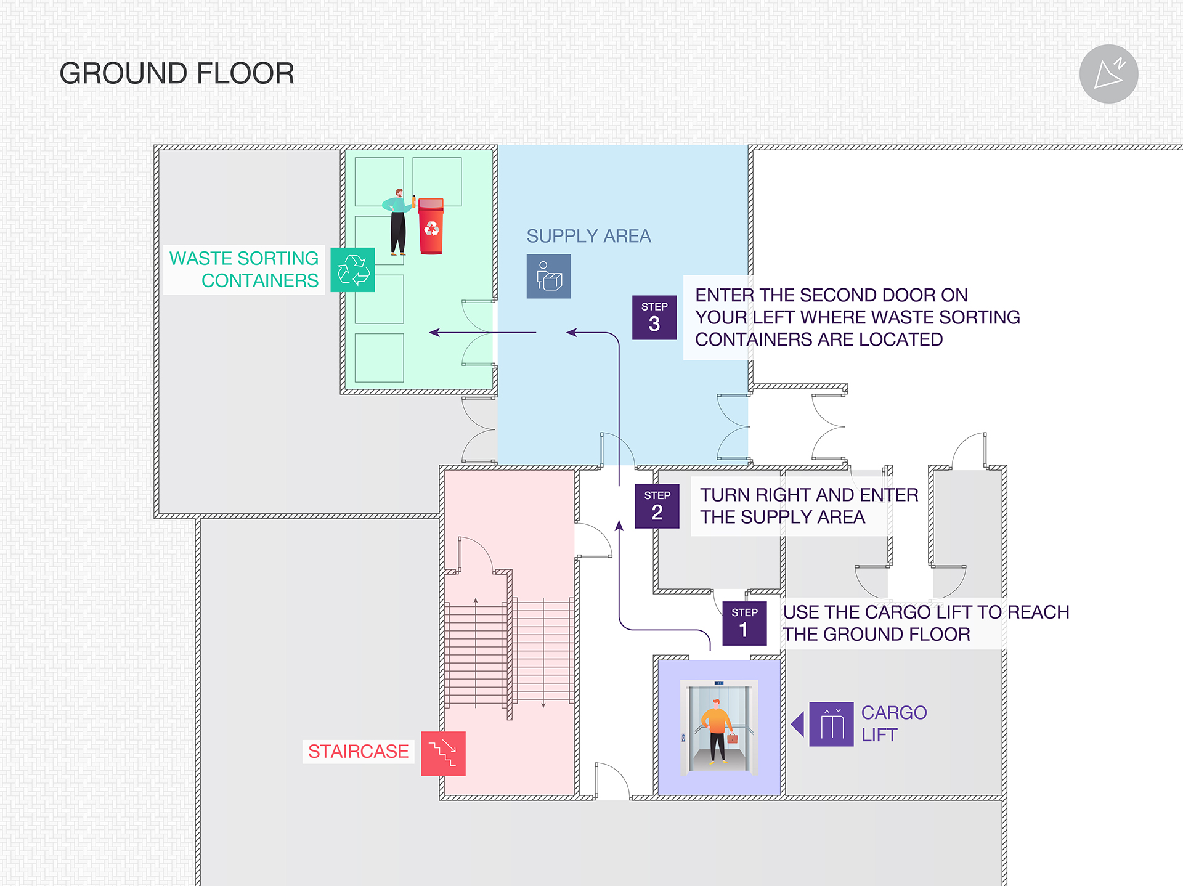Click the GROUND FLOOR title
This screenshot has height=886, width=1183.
176,73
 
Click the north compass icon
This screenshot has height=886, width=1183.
1108,74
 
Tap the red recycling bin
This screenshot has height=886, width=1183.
431,226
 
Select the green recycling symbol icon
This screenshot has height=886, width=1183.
352,270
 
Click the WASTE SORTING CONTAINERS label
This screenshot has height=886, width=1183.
244,269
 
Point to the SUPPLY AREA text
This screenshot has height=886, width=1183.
588,236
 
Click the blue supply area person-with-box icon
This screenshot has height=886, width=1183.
548,276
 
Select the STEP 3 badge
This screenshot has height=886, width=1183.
654,317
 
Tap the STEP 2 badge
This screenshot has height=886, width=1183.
657,506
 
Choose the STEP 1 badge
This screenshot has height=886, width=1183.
744,623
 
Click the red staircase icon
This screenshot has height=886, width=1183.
443,753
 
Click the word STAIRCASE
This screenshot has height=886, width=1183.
358,752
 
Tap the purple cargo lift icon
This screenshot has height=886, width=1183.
831,724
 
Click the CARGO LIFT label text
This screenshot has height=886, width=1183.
893,724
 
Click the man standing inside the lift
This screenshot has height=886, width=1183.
717,731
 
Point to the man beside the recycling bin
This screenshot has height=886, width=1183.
397,222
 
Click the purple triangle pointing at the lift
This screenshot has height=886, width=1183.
798,724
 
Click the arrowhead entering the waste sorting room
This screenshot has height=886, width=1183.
434,333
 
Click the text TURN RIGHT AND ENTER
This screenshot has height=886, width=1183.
808,495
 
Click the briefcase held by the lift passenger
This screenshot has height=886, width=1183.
732,738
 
